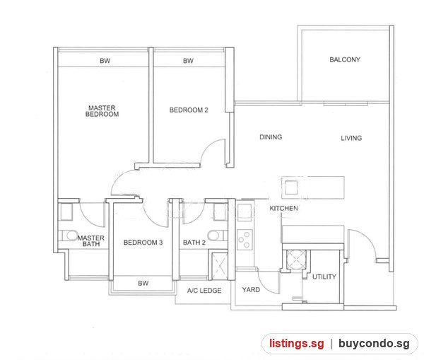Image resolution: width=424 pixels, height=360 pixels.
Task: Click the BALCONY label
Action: coord(345,59)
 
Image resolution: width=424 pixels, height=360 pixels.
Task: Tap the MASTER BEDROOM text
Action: coord(102,111)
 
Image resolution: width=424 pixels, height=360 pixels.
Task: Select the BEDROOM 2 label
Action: coord(189,110)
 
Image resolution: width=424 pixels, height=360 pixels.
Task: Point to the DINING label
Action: coord(271,137)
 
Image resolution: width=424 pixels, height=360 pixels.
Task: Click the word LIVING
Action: coord(351,138)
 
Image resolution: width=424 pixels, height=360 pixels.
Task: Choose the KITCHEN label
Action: coord(283,208)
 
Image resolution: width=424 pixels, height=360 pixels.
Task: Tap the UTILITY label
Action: coord(324,277)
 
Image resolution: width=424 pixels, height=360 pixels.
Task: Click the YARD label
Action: coord(251,289)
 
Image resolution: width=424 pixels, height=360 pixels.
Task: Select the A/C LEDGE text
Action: coord(204,291)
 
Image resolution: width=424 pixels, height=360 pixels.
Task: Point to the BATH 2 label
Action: coord(194,243)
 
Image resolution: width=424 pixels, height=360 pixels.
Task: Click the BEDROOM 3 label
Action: coord(143,243)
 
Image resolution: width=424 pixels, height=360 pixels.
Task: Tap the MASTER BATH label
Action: coord(91,241)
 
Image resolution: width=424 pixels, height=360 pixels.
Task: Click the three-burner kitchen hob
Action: coord(245,240)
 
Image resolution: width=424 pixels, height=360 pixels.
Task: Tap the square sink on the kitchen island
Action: coord(291,187)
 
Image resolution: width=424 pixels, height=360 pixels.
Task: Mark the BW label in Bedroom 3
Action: coord(143,283)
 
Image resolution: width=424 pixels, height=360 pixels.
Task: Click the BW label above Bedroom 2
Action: coord(188,61)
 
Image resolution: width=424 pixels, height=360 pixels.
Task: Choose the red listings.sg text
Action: coord(296,344)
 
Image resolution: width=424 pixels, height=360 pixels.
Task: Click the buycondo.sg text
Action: coord(374,344)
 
